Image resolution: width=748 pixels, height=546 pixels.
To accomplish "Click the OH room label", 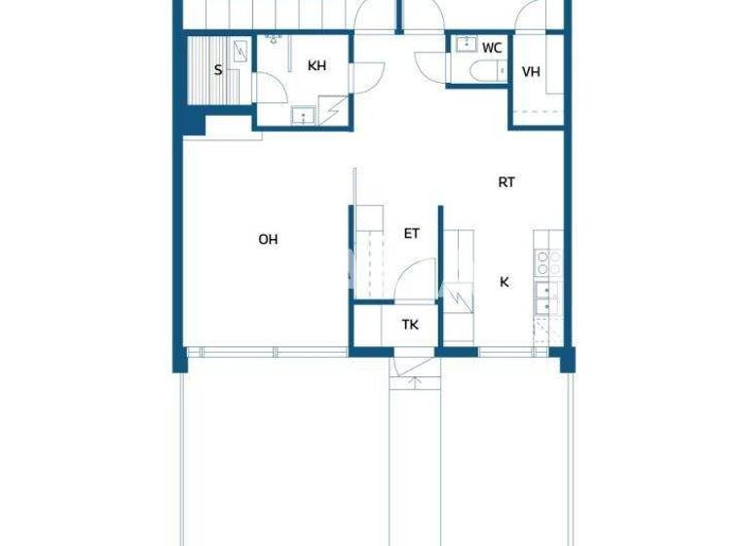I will [x=268, y=239].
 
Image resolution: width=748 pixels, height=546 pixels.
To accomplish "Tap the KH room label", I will [x=316, y=66].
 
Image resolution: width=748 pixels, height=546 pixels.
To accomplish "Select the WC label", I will [x=492, y=47].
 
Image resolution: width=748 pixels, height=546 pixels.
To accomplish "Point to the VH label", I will [x=531, y=72].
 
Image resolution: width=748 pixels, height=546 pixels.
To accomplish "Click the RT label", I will [x=506, y=181].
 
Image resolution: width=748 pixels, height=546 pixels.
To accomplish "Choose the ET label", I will [x=411, y=234].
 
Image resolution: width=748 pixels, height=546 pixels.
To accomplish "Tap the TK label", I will [x=410, y=325].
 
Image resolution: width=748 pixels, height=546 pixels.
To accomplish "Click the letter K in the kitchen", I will [x=505, y=283].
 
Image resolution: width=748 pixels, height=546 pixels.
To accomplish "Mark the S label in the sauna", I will [x=217, y=69].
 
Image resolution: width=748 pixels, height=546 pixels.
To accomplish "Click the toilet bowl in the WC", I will [x=482, y=69].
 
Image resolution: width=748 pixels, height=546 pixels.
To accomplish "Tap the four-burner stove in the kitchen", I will [x=548, y=261].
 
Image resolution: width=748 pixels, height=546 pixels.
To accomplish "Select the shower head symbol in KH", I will [x=274, y=39].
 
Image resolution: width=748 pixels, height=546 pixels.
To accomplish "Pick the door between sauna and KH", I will [x=271, y=88].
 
